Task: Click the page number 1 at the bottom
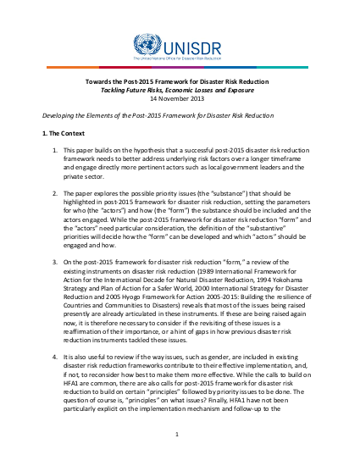(180, 435)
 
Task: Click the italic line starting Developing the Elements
(169, 114)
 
